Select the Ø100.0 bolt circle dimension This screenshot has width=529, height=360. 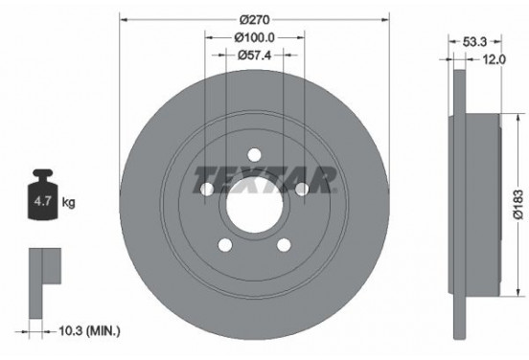tap(256, 37)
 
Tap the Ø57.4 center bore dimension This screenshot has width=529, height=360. tap(256, 55)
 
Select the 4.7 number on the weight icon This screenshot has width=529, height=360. tap(41, 202)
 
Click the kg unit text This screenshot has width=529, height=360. tap(68, 203)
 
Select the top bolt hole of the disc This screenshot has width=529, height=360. tap(254, 154)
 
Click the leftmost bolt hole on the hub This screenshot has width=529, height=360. tap(206, 190)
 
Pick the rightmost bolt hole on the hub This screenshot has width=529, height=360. tap(302, 190)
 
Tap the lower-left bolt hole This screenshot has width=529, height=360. tap(224, 245)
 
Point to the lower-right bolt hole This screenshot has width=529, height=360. tap(284, 245)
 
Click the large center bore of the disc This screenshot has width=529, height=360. tap(254, 205)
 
